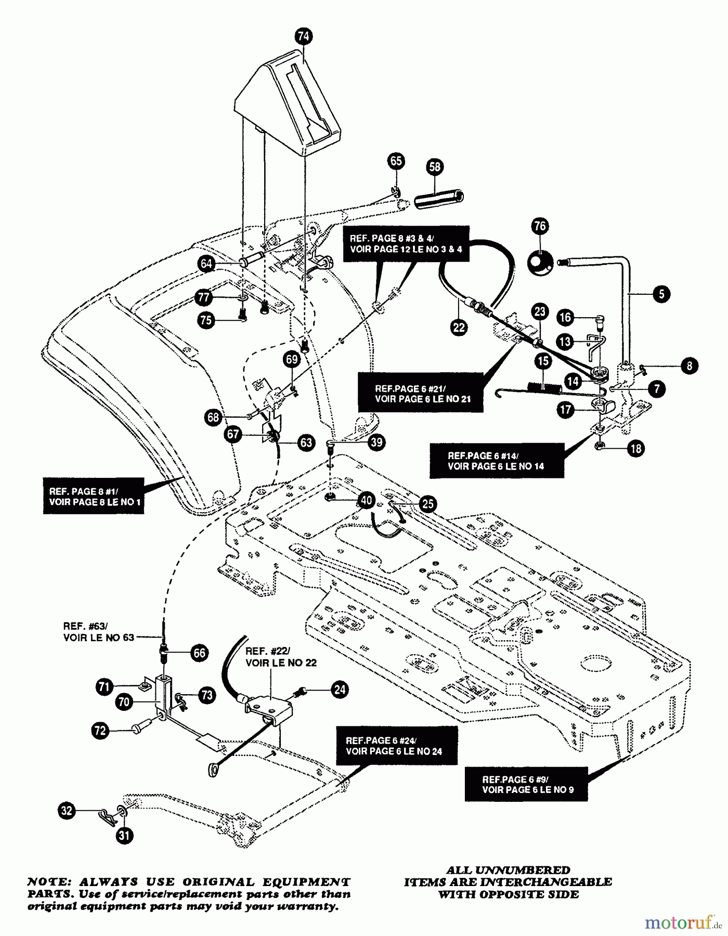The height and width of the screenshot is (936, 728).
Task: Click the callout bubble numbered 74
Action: click(303, 36)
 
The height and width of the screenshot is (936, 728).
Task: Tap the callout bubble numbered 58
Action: click(435, 166)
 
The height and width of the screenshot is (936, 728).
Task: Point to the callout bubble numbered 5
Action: click(661, 294)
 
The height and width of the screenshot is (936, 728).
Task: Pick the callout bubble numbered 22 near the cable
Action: click(459, 327)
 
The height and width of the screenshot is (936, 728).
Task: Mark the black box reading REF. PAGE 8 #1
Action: click(94, 496)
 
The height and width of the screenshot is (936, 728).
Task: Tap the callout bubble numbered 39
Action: click(376, 442)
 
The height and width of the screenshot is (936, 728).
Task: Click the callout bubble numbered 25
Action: click(428, 503)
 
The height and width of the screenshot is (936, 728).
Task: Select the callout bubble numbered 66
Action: click(199, 653)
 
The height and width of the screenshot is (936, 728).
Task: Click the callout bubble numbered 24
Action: click(340, 690)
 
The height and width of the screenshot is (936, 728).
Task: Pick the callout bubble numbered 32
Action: click(67, 811)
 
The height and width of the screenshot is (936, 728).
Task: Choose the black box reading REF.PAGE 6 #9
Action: click(526, 784)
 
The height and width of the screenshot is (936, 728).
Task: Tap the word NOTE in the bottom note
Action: click(45, 882)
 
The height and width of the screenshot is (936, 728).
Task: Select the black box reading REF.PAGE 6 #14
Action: click(496, 460)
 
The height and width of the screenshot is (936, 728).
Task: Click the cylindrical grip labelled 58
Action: click(438, 199)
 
